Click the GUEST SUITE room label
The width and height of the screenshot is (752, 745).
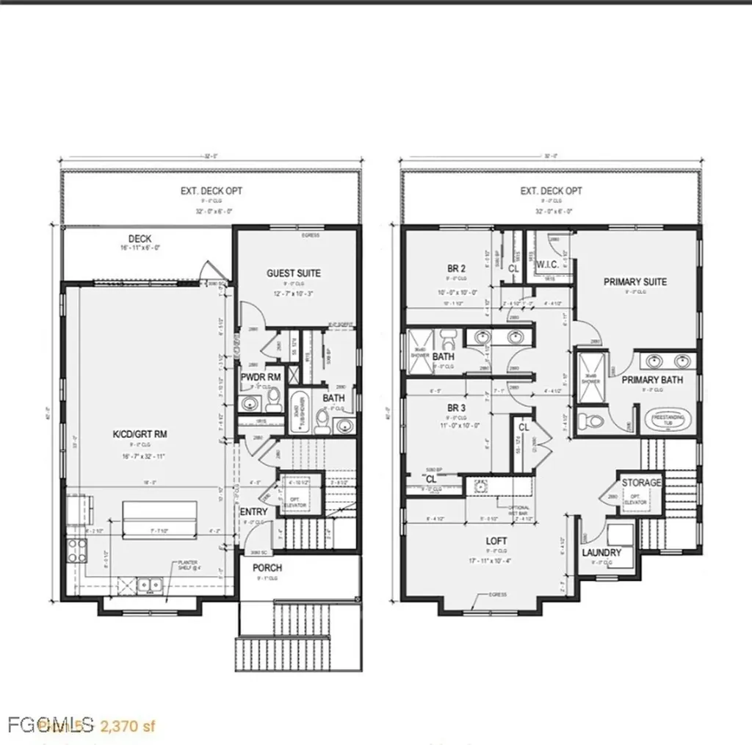[x=293, y=273]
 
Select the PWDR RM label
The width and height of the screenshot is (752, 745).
[x=261, y=378]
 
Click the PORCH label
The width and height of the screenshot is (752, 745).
[x=267, y=568]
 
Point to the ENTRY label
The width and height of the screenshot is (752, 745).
[x=253, y=512]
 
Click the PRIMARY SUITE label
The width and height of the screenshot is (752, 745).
[x=634, y=281]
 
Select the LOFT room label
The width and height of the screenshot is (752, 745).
[x=496, y=541]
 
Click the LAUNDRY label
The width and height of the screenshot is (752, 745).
[x=601, y=553]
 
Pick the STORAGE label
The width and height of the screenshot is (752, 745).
[x=641, y=483]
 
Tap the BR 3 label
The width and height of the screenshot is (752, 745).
[x=457, y=408]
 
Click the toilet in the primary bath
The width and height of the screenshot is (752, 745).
[x=591, y=421]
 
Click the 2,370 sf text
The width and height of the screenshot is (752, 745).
[x=129, y=727]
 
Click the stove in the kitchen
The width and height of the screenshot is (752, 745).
[x=77, y=551]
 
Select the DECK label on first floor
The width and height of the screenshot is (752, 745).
[x=140, y=239]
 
